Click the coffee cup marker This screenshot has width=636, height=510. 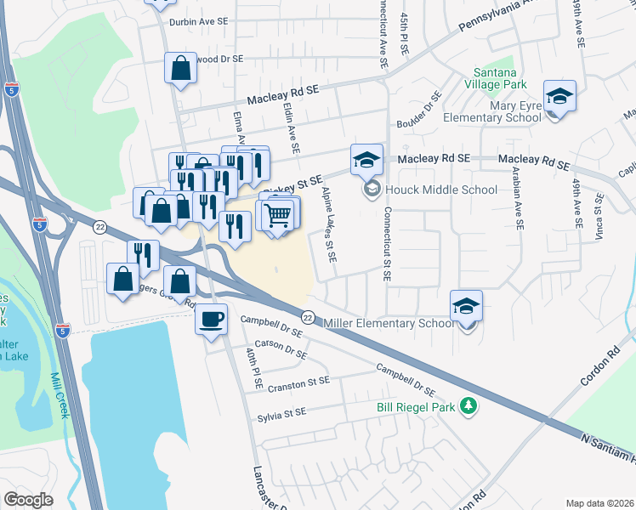point(212,320)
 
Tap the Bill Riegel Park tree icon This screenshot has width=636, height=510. point(466,407)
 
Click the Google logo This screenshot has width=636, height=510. point(28,500)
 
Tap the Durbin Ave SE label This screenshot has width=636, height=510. point(199,23)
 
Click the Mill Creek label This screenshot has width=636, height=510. point(59,396)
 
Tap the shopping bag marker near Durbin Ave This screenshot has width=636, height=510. point(181,70)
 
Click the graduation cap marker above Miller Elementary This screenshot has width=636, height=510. point(466,306)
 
